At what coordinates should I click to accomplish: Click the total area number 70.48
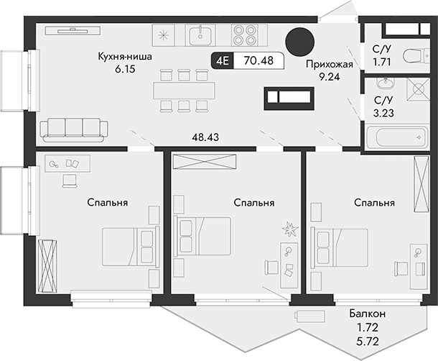(256, 61)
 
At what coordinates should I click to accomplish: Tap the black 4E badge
(222, 61)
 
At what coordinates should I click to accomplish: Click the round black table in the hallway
(299, 42)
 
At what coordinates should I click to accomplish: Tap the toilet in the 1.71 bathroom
(411, 56)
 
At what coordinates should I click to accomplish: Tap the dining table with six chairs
(184, 90)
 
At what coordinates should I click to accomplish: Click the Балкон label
(368, 314)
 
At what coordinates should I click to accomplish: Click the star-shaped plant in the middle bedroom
(290, 229)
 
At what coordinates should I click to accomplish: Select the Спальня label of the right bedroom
(374, 203)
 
